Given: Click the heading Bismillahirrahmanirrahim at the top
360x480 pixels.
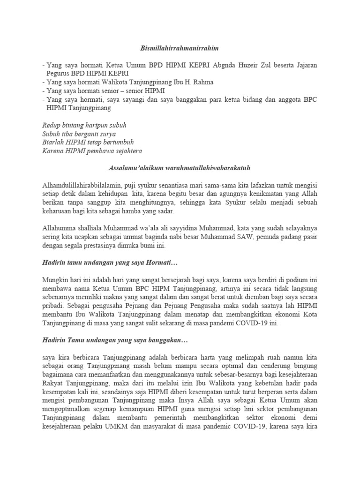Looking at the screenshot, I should tap(180, 48).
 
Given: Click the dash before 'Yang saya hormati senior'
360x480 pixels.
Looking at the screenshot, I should tap(43, 90).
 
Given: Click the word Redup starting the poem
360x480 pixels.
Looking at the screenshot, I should tap(52, 125).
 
